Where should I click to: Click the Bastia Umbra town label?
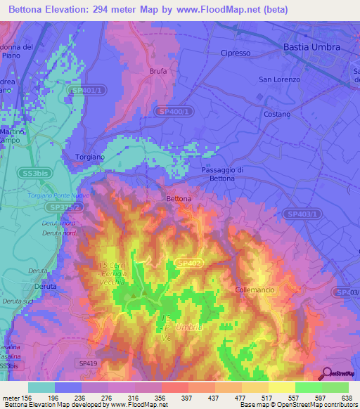click(x=311, y=47)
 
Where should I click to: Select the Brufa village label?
click(x=158, y=72)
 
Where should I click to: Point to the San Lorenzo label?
click(x=279, y=79)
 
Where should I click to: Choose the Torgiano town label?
click(x=89, y=157)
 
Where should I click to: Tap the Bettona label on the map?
click(x=179, y=199)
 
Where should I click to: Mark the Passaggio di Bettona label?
click(x=221, y=174)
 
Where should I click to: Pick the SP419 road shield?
click(x=87, y=362)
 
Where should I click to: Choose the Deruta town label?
click(x=46, y=287)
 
